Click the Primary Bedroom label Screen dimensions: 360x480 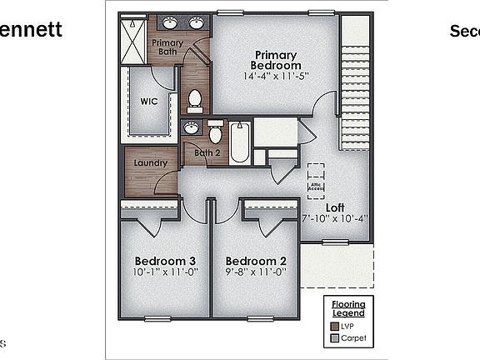(x=277, y=59)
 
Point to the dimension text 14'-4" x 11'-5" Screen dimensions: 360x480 (x=277, y=76)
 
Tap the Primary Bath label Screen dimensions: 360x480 (x=167, y=47)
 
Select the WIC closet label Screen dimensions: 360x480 (x=149, y=102)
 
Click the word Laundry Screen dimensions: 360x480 (x=150, y=163)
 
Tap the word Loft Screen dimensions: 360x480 (x=335, y=207)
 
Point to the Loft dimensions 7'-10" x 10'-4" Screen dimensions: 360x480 (x=335, y=219)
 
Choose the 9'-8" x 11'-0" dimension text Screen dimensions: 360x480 (x=255, y=271)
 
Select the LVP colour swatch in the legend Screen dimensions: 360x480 (x=334, y=327)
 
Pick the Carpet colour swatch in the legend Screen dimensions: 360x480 (x=334, y=338)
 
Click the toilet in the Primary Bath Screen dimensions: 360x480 (x=195, y=101)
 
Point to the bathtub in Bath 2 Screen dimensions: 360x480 (x=239, y=142)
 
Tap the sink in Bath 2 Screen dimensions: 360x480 (x=192, y=127)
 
